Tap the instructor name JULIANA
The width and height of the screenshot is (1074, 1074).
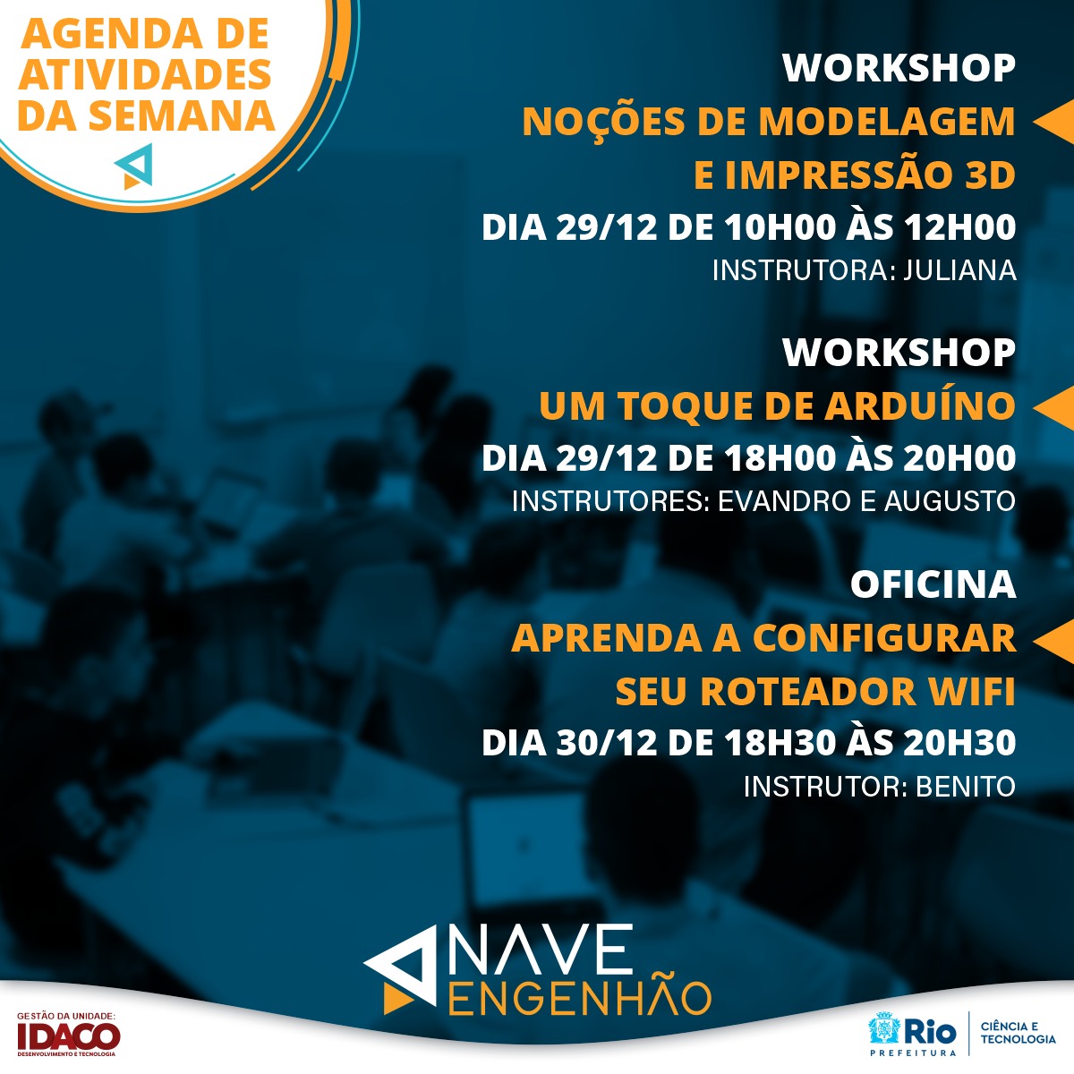point(959,271)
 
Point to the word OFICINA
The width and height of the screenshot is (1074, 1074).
point(933,584)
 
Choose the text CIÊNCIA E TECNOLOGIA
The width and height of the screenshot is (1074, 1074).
point(1018,1033)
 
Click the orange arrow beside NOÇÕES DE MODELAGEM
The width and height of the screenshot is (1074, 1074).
point(1053,122)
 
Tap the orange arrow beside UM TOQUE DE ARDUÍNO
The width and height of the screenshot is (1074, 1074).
point(1053,407)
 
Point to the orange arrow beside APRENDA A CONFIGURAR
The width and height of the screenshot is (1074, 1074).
point(1053,641)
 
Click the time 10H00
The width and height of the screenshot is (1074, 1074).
point(780,227)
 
